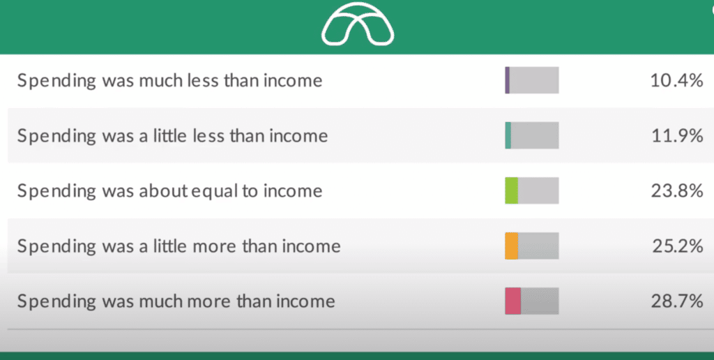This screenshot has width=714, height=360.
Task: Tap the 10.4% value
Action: [676, 81]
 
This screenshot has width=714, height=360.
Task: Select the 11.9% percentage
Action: [677, 136]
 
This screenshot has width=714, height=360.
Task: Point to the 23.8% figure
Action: [676, 191]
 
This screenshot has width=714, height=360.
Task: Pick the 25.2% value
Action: [678, 246]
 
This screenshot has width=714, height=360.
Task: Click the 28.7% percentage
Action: [676, 301]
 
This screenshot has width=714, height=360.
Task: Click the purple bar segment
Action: [508, 80]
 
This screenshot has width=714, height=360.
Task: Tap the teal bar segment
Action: [508, 135]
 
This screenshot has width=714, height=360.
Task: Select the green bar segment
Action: [511, 190]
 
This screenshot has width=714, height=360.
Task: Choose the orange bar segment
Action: [511, 246]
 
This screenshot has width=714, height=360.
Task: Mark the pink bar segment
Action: [512, 301]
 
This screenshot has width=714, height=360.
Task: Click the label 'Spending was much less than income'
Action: [170, 81]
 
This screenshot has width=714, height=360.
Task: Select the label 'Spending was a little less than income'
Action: [173, 136]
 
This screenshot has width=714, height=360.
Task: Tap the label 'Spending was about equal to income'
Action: [170, 191]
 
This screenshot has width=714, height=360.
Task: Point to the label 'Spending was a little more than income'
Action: [179, 246]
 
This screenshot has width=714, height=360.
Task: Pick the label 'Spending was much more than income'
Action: [176, 301]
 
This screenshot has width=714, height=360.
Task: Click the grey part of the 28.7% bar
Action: [540, 301]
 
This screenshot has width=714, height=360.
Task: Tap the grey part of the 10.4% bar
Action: [534, 80]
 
